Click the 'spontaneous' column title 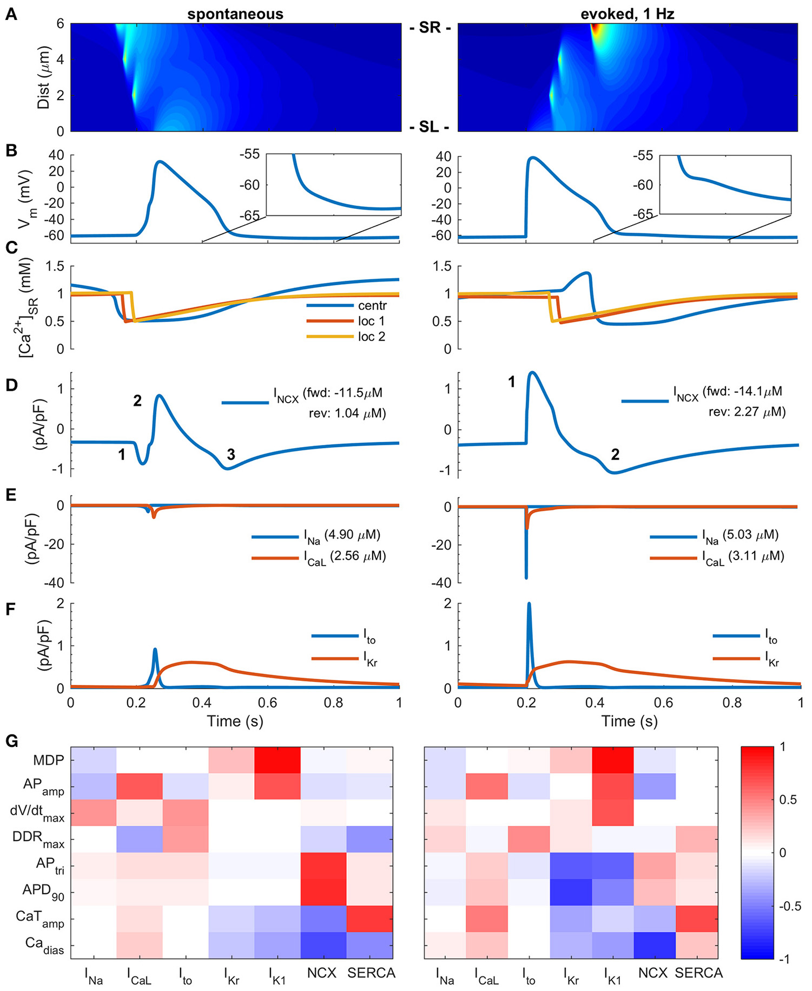coord(235,14)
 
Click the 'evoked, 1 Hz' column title coord(628,14)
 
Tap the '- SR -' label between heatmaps coord(430,28)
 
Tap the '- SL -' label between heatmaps coord(430,127)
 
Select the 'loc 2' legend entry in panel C coord(371,337)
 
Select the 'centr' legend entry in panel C coord(372,305)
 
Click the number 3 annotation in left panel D coord(231,455)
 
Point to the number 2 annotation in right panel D coord(615,455)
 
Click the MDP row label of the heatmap coord(48,760)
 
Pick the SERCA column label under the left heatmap coord(371,973)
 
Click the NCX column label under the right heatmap coord(653,973)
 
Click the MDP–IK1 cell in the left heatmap coord(278,760)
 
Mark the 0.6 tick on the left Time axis coord(268,703)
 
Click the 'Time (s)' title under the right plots coord(629,721)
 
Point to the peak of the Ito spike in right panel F coord(529,604)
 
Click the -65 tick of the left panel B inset coord(249,216)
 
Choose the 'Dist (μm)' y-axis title coord(43,77)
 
